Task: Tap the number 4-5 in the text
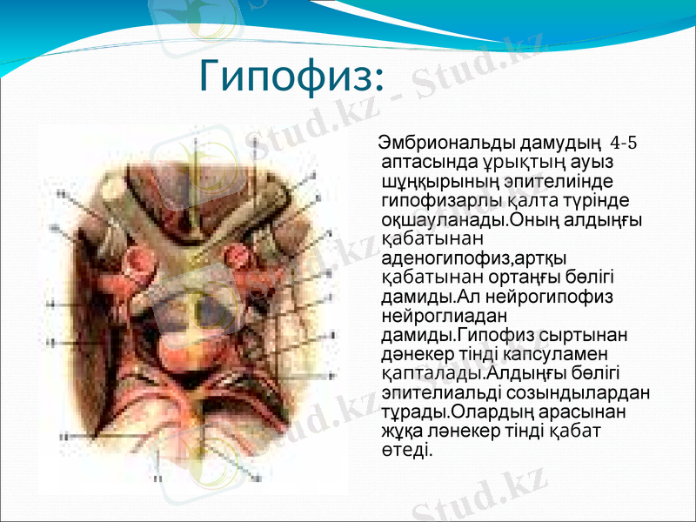pyautogui.click(x=624, y=142)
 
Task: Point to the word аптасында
pyautogui.click(x=425, y=162)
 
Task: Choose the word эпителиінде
pyautogui.click(x=554, y=182)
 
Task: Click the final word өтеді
pyautogui.click(x=405, y=450)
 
